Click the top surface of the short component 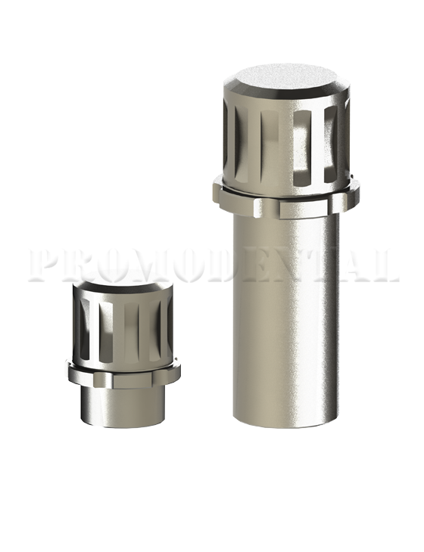121,287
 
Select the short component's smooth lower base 121,405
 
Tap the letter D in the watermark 220,265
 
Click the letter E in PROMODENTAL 253,265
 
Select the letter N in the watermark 288,265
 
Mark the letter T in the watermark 321,265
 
